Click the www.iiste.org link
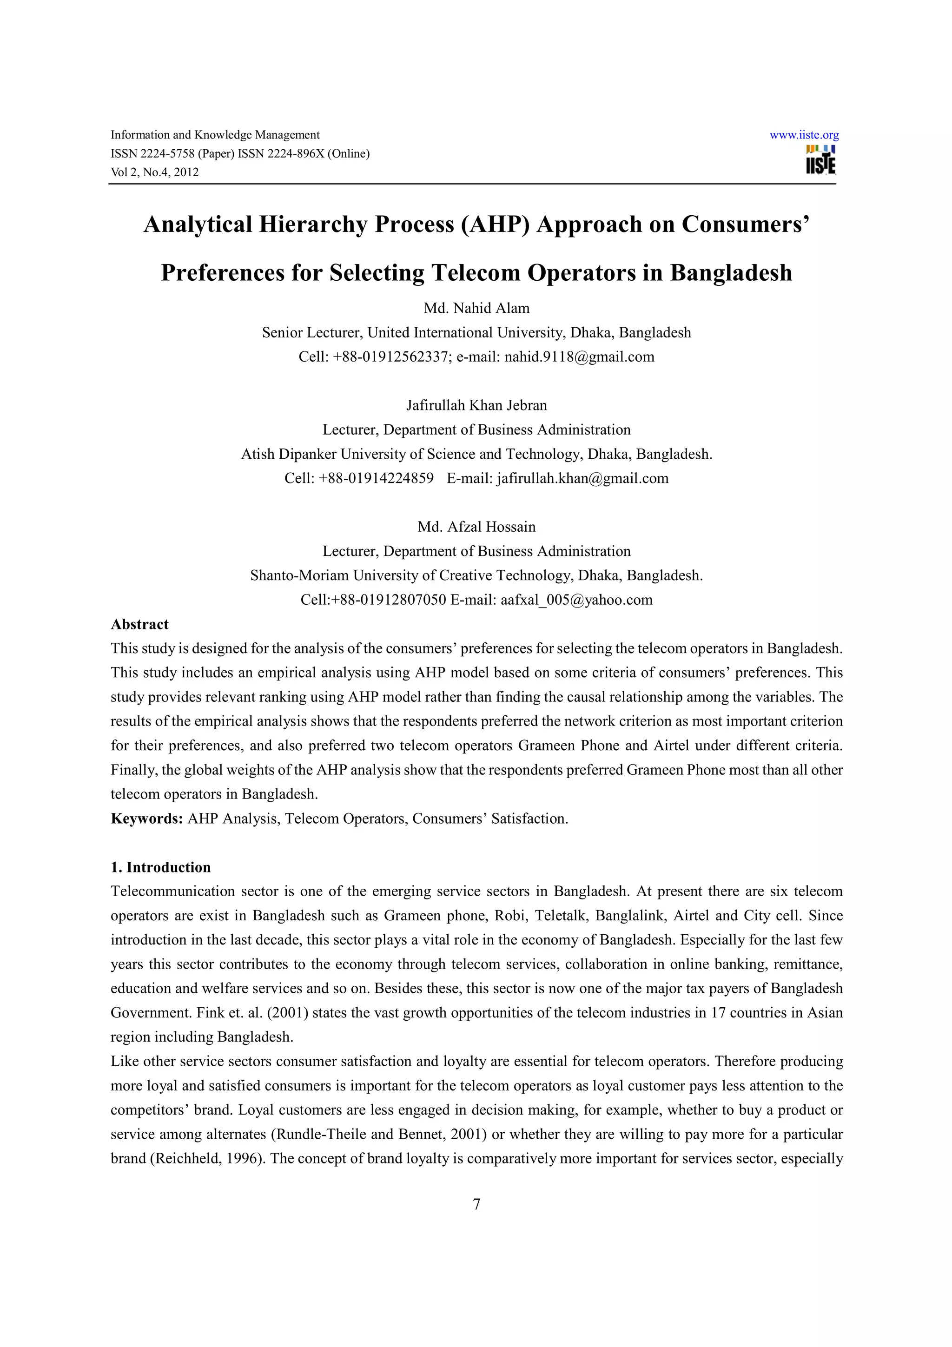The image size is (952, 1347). (x=804, y=135)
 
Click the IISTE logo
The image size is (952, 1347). (x=820, y=160)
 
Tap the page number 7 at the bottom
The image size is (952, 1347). (x=476, y=1204)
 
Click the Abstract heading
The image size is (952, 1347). (x=139, y=624)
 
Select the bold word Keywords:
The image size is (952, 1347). (x=147, y=819)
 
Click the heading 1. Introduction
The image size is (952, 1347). (x=161, y=867)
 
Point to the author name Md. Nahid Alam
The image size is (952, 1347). (x=476, y=308)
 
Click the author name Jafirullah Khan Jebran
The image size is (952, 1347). (x=476, y=405)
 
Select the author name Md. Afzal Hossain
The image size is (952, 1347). (x=476, y=527)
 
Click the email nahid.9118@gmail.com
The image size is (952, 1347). (x=579, y=357)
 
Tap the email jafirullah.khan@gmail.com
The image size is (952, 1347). (x=582, y=478)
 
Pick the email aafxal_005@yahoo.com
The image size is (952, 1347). (x=576, y=600)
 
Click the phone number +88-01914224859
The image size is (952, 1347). (x=376, y=478)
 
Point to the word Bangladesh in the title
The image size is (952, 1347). (x=731, y=273)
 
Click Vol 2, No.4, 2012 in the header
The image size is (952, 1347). (x=155, y=172)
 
